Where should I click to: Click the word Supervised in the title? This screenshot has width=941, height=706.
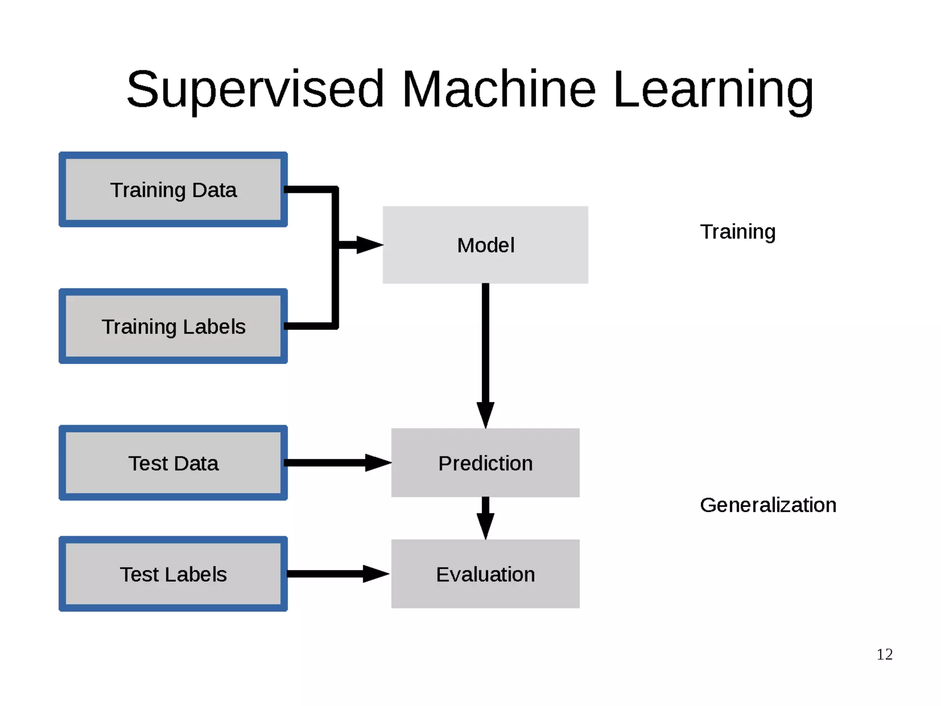[x=255, y=90]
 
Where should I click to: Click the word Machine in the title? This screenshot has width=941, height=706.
[x=499, y=90]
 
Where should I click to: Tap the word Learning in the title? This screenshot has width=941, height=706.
[x=713, y=90]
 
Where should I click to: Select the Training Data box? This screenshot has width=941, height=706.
[x=173, y=189]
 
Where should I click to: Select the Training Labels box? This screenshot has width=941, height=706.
[x=173, y=326]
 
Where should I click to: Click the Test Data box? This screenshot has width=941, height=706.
[x=173, y=463]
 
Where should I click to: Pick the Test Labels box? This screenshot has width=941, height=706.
[x=173, y=574]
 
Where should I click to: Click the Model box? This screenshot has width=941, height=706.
[x=485, y=245]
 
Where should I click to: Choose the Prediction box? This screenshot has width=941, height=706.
[x=485, y=463]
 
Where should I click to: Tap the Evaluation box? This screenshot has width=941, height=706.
[x=485, y=574]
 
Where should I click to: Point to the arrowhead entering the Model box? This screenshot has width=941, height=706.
[x=368, y=245]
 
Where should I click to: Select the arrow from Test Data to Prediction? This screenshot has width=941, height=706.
[x=335, y=463]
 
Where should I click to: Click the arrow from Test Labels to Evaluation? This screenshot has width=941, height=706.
[x=335, y=574]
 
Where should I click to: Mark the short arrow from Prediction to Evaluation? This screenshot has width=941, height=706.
[x=485, y=517]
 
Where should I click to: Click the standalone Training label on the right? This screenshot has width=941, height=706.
[x=737, y=232]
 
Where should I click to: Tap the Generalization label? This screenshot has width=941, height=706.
[x=768, y=505]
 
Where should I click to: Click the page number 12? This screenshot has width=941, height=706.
[x=884, y=654]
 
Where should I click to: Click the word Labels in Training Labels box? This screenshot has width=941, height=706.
[x=214, y=327]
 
